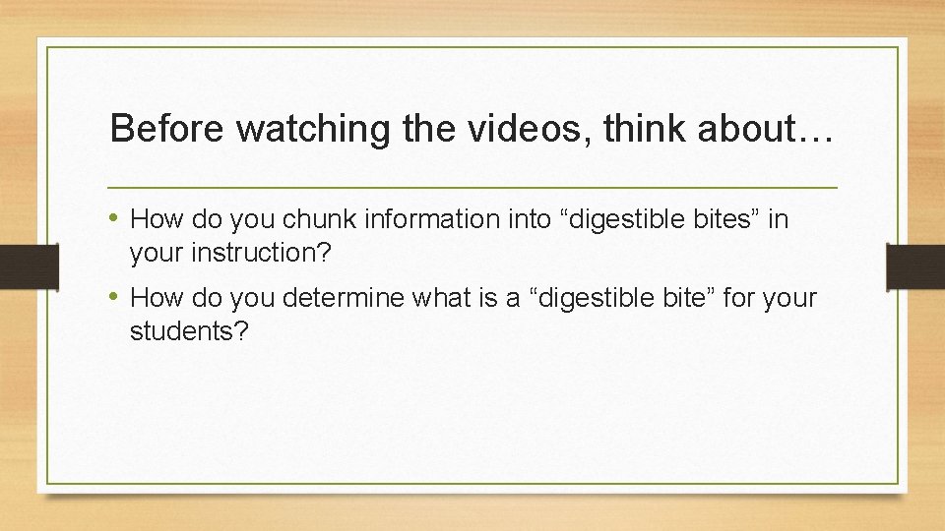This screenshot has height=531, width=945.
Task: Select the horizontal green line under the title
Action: pyautogui.click(x=472, y=187)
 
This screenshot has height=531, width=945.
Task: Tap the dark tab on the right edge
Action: pyautogui.click(x=916, y=266)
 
